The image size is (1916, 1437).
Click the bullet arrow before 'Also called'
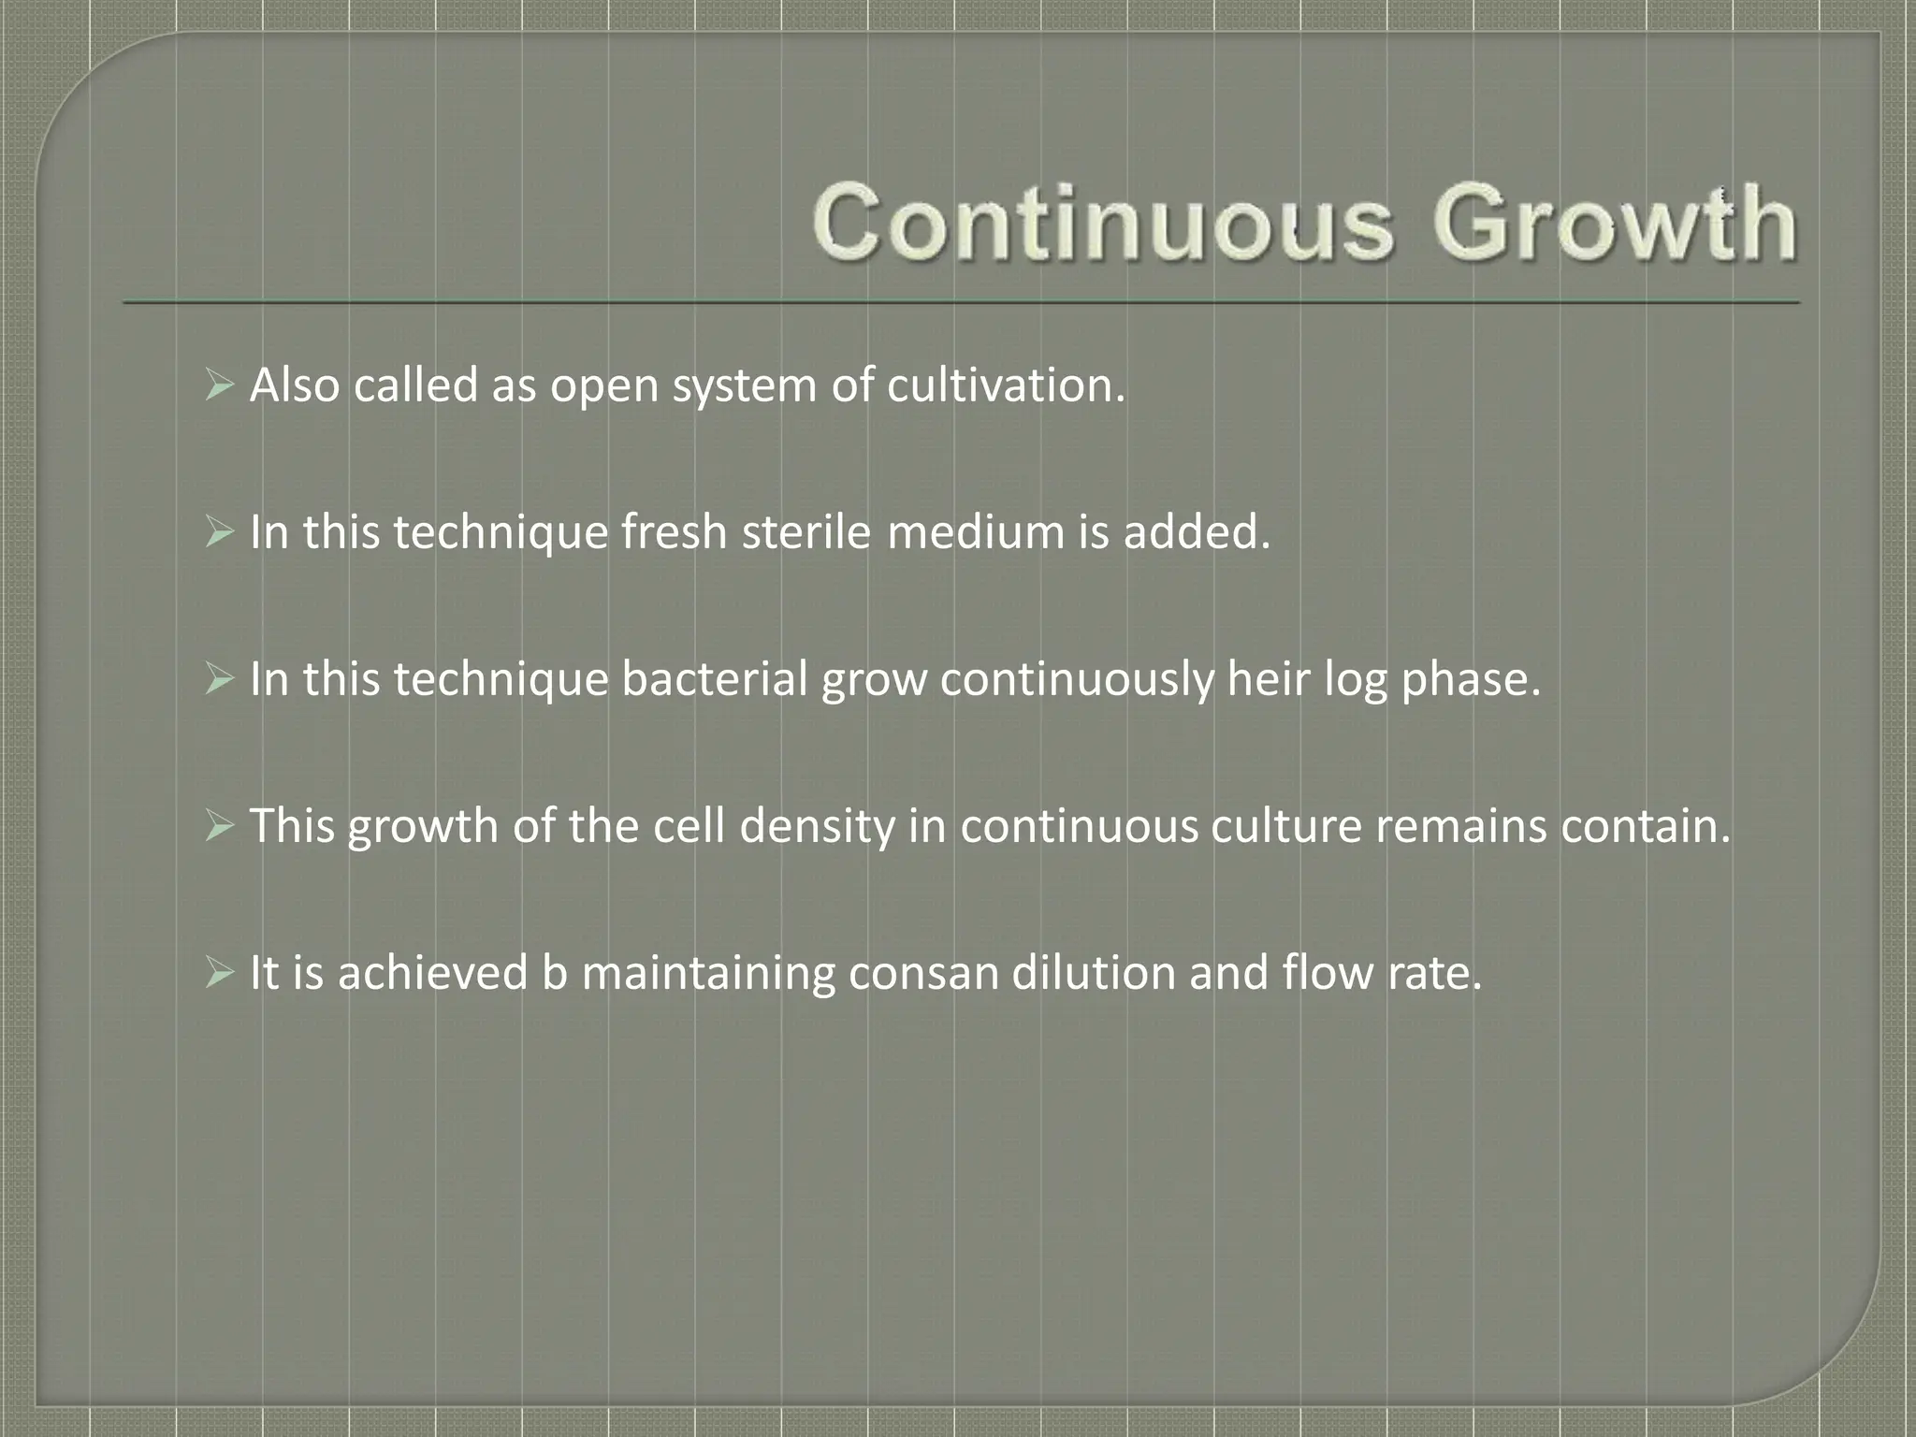click(219, 385)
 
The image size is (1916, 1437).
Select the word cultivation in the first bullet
click(1006, 385)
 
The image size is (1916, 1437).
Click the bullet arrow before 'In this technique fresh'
click(219, 532)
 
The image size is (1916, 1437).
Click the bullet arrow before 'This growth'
click(219, 826)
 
